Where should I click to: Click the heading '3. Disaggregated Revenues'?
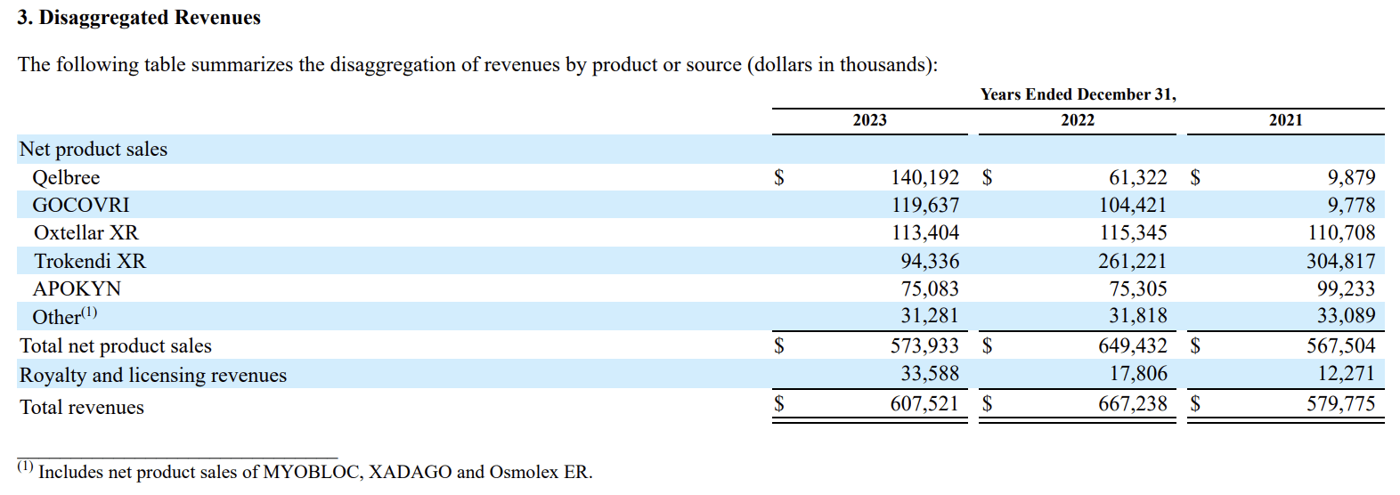(x=139, y=18)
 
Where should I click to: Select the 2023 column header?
(x=869, y=120)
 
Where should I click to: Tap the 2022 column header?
(x=1077, y=120)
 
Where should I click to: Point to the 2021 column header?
(x=1285, y=120)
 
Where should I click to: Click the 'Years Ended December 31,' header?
(x=1078, y=94)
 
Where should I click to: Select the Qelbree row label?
(x=66, y=178)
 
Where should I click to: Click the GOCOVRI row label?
(x=81, y=206)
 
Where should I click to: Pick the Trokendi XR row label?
(x=90, y=262)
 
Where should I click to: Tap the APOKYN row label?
(x=77, y=289)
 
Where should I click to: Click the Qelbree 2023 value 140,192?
(x=924, y=178)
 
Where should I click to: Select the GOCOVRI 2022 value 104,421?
(x=1132, y=206)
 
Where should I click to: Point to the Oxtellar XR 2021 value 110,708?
(x=1340, y=233)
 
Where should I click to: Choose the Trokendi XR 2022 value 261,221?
(x=1132, y=262)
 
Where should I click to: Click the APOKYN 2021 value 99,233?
(x=1346, y=289)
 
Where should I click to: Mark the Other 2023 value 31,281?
(x=930, y=316)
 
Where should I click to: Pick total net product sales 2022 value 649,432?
(x=1132, y=346)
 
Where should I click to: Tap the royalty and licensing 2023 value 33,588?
(x=930, y=374)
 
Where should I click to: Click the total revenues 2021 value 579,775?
(x=1340, y=404)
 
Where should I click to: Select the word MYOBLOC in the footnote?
(x=312, y=472)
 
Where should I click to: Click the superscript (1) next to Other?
(x=89, y=312)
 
